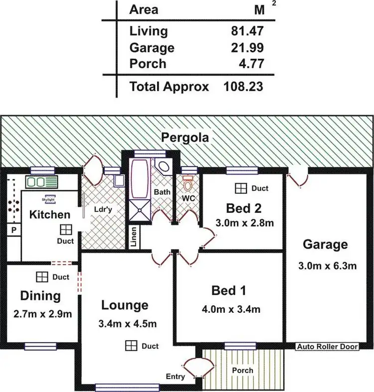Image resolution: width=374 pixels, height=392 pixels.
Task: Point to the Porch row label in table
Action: coord(148,64)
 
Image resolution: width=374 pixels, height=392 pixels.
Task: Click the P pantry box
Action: coord(13,230)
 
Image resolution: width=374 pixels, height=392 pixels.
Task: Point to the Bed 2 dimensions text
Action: coord(244,223)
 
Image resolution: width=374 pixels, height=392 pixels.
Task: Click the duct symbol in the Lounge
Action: coord(131,346)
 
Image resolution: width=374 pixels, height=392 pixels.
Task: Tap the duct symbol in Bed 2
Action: coord(241,188)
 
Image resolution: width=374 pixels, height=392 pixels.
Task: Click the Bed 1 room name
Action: coord(229,290)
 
